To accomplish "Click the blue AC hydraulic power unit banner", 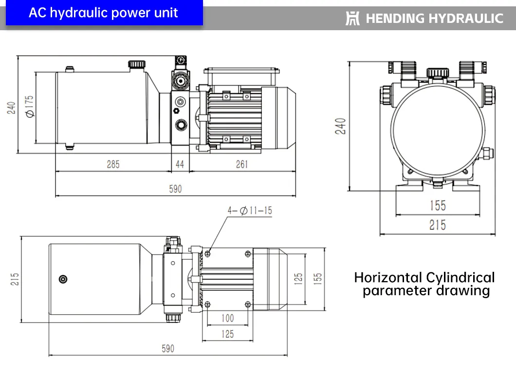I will (x=104, y=13).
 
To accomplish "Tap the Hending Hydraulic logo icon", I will (x=352, y=19).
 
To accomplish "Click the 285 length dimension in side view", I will (x=113, y=164).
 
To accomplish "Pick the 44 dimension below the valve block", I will (x=180, y=164).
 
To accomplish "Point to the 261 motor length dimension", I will (x=242, y=164).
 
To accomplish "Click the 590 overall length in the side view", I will (x=175, y=189).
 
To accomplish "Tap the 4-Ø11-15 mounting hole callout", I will (x=250, y=211).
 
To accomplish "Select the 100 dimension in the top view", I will (x=227, y=318).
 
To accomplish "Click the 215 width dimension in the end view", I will (x=437, y=226).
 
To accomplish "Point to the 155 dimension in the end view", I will (x=437, y=206).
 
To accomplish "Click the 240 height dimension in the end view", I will (x=341, y=126).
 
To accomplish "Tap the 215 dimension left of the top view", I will (x=15, y=279).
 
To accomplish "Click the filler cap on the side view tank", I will (x=136, y=64).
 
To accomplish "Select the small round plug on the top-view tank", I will (x=63, y=279).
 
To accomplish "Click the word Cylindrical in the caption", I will (x=460, y=278).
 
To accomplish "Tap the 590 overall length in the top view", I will (x=167, y=349).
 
